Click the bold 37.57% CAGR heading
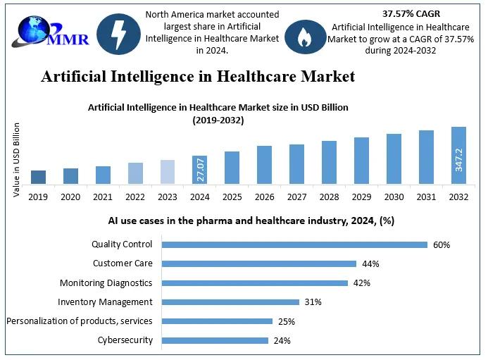pos(410,13)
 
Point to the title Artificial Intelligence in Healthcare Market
pos(198,76)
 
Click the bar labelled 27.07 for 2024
pos(200,170)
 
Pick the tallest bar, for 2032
pos(458,156)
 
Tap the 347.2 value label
pos(459,159)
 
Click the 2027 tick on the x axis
pos(296,197)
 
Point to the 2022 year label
pos(136,197)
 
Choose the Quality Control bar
pos(294,245)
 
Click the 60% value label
pos(442,245)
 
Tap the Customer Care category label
pos(123,263)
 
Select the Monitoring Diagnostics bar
pos(255,283)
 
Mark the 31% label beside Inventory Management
pos(313,302)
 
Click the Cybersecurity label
pos(125,340)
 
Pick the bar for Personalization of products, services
pos(217,321)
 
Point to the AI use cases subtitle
pos(251,221)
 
